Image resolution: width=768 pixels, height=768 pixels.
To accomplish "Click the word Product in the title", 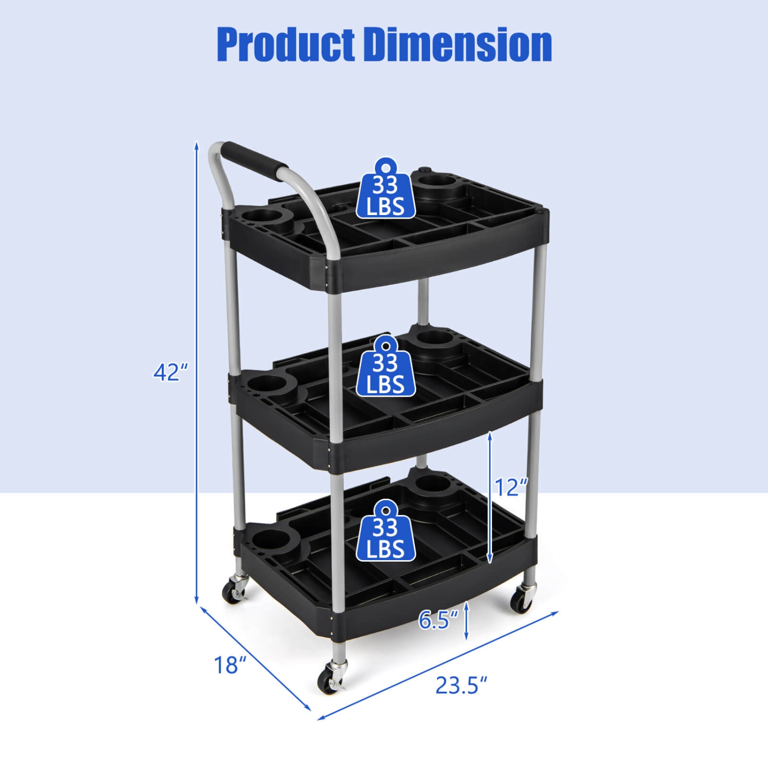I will click(286, 45).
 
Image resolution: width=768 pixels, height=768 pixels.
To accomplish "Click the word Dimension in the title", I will click(458, 45).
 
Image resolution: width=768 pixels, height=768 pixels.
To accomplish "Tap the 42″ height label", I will click(170, 372).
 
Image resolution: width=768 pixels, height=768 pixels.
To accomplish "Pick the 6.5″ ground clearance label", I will click(438, 620).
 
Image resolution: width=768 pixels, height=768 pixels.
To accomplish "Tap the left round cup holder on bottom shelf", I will click(270, 540).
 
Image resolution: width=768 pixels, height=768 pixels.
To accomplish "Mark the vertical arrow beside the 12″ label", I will click(490, 497).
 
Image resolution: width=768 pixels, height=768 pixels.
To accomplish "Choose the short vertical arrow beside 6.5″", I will click(466, 621).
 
